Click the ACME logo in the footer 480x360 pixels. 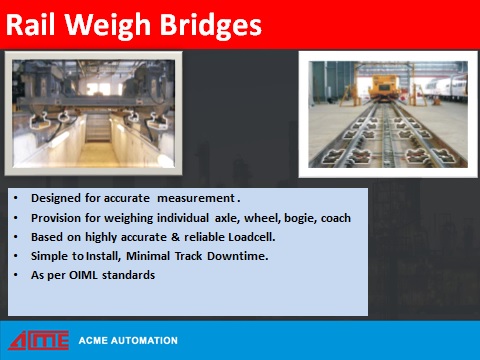(39, 340)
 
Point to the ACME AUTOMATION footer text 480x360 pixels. (128, 341)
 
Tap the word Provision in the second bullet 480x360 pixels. (56, 217)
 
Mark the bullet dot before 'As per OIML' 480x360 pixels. (15, 274)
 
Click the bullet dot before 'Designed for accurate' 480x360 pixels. (15, 198)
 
